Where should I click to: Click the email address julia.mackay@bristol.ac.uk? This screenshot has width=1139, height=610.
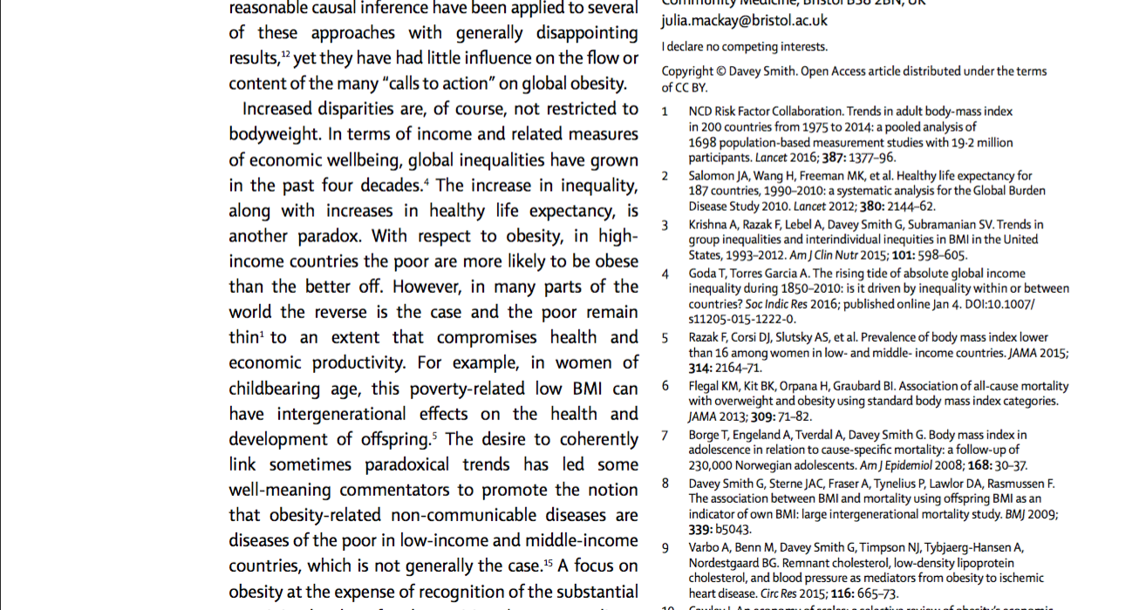click(x=744, y=20)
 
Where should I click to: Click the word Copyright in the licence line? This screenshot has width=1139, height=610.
click(x=687, y=71)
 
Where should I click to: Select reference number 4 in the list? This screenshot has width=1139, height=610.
click(x=665, y=274)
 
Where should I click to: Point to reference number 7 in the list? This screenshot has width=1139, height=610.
click(x=665, y=435)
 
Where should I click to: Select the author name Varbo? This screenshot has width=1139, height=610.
click(x=705, y=548)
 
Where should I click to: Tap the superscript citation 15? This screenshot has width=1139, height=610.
click(x=549, y=562)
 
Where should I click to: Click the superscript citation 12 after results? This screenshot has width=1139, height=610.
click(x=285, y=55)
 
